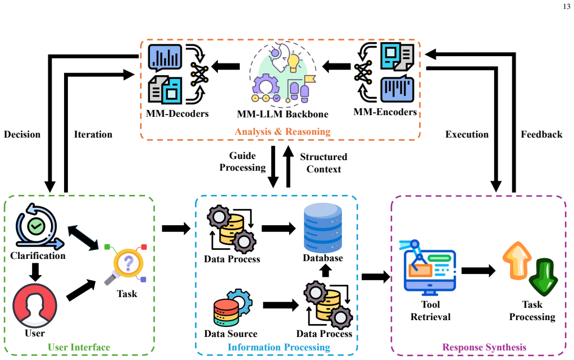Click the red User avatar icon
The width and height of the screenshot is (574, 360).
tap(35, 306)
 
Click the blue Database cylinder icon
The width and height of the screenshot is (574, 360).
tap(323, 227)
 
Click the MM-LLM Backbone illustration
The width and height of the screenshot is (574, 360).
tap(283, 72)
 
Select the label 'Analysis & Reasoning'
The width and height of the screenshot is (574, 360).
tap(283, 131)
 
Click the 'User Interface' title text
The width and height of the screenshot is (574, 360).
tap(79, 347)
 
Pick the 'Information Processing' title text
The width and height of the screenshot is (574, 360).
tap(279, 347)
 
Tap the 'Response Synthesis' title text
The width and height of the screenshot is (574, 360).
tap(484, 347)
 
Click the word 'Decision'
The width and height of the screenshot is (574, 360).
tap(22, 134)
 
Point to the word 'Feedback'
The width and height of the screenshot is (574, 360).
tap(541, 134)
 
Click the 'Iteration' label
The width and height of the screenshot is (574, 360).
tap(93, 134)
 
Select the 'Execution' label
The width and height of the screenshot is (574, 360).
tap(467, 134)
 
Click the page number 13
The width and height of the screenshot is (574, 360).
tap(566, 7)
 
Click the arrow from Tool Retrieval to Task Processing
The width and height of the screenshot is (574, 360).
tap(479, 271)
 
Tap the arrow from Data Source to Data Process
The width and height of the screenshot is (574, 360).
tap(281, 305)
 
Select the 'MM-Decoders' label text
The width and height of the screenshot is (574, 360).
tap(177, 113)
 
